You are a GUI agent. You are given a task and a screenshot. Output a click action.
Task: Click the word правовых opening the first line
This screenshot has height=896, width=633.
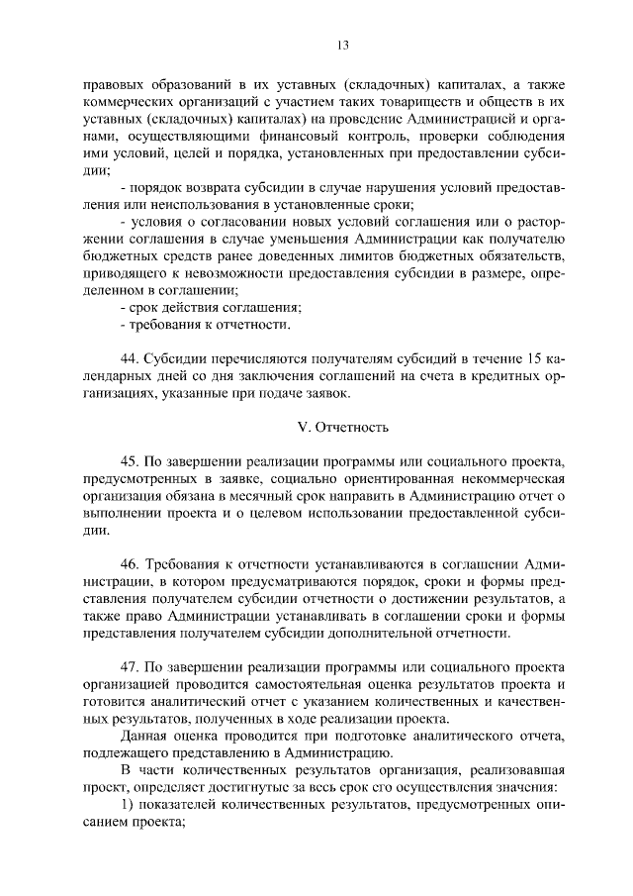point(113,82)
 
